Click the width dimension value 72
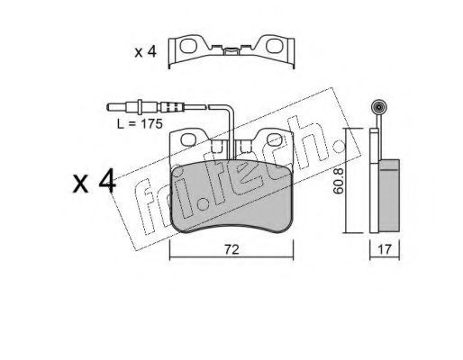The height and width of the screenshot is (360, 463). (231, 249)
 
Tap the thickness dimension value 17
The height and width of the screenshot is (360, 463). (385, 249)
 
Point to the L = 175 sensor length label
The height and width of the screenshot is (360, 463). (140, 123)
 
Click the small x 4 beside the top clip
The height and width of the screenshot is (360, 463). (146, 52)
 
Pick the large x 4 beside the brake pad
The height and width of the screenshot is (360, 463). (95, 181)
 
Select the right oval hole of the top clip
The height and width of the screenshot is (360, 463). (274, 45)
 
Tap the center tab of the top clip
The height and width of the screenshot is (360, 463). (231, 51)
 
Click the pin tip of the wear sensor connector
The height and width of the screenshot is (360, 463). (112, 106)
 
